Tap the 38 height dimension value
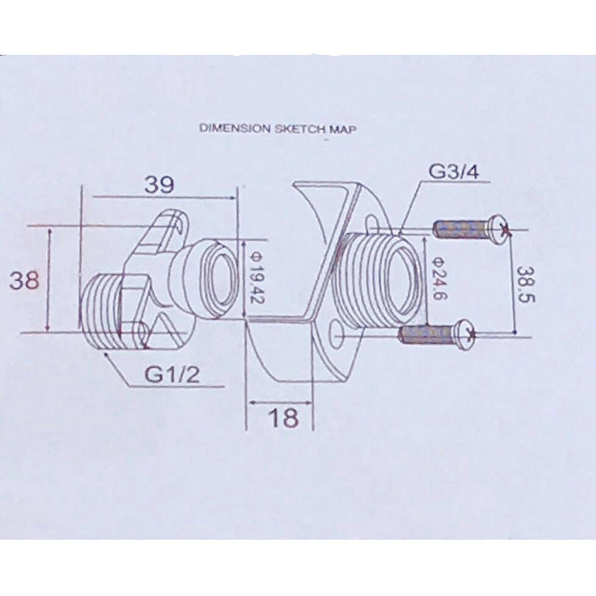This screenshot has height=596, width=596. pyautogui.click(x=25, y=280)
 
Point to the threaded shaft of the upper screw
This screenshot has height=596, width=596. pyautogui.click(x=461, y=230)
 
